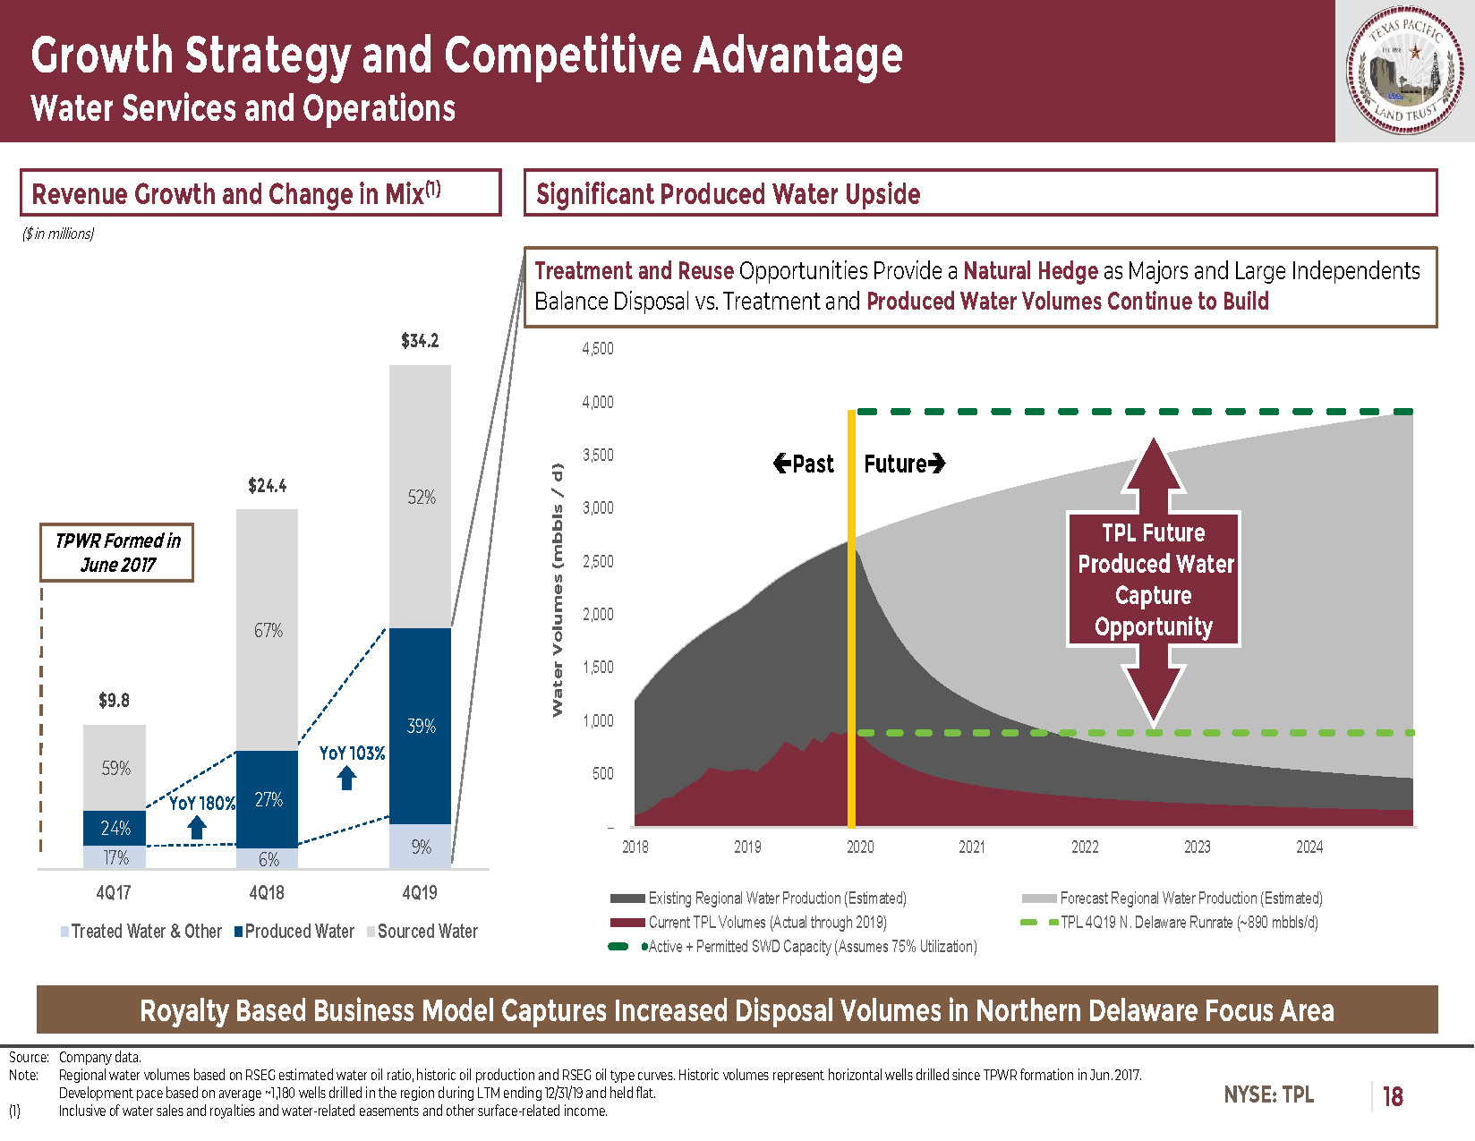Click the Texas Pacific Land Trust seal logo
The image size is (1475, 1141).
(1404, 71)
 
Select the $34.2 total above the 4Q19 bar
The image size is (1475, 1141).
(420, 341)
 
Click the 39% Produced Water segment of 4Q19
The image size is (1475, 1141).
(420, 726)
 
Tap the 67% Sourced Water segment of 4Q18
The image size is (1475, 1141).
(268, 630)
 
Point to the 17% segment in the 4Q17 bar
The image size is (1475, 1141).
(115, 857)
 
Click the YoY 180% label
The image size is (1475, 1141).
(202, 804)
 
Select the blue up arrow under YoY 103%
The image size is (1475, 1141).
(347, 778)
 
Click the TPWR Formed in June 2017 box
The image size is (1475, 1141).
(116, 552)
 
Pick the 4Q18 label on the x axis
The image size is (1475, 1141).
(267, 893)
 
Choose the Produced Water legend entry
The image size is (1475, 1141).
(294, 932)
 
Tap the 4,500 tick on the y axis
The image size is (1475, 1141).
(597, 349)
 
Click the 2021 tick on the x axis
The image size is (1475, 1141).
(972, 847)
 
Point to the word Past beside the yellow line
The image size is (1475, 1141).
(814, 464)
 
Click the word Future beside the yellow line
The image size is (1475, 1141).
(895, 464)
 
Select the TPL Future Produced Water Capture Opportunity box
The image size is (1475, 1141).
(1154, 579)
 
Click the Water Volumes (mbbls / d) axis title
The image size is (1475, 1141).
(558, 590)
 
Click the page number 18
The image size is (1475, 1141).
(1392, 1096)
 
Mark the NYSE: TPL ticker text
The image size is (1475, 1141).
(1268, 1094)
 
